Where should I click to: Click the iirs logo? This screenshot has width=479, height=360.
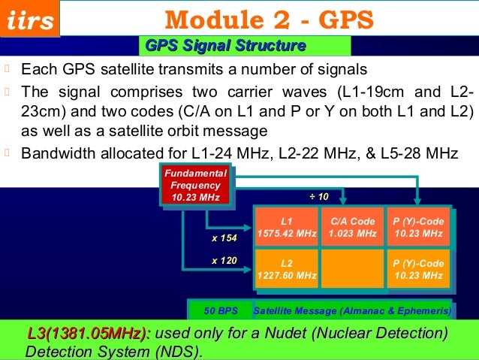[x=30, y=20]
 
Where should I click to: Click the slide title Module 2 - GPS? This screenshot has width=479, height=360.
[x=269, y=18]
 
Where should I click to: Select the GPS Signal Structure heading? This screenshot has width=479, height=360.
[x=225, y=47]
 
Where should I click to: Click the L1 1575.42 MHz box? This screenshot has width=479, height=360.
[x=286, y=228]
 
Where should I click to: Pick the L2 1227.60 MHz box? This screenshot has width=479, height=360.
[x=286, y=269]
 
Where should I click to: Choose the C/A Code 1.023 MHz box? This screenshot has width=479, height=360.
[x=352, y=228]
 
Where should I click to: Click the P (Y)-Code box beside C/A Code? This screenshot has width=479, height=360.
[x=418, y=228]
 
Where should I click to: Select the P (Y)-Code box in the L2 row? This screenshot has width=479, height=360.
[x=418, y=269]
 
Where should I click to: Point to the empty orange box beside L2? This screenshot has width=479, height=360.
[x=352, y=269]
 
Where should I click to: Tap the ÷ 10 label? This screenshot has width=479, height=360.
[x=320, y=196]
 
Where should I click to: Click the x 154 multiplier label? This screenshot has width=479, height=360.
[x=224, y=238]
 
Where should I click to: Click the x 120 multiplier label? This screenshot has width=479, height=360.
[x=224, y=261]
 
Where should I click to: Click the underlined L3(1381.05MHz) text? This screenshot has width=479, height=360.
[x=86, y=333]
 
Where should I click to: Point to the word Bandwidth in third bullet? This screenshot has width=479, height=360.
[x=57, y=153]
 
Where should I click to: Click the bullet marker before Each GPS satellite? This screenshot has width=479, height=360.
[x=8, y=70]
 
